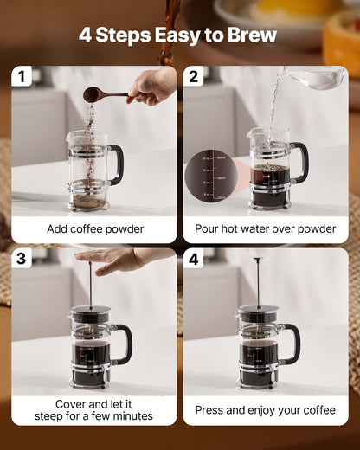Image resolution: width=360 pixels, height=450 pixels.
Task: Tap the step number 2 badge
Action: pos(193,77)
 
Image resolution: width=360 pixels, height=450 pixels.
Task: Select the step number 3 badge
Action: pos(22,259)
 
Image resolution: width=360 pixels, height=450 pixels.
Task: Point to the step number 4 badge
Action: pos(193,259)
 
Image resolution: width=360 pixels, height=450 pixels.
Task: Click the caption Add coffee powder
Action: pos(95,229)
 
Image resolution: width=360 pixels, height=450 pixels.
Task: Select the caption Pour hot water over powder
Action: pos(265,229)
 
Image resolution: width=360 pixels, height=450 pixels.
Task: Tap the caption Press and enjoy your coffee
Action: pos(265,410)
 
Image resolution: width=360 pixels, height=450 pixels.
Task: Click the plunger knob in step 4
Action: pos(257,260)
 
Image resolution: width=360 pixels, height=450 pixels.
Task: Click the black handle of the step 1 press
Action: pos(116,164)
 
